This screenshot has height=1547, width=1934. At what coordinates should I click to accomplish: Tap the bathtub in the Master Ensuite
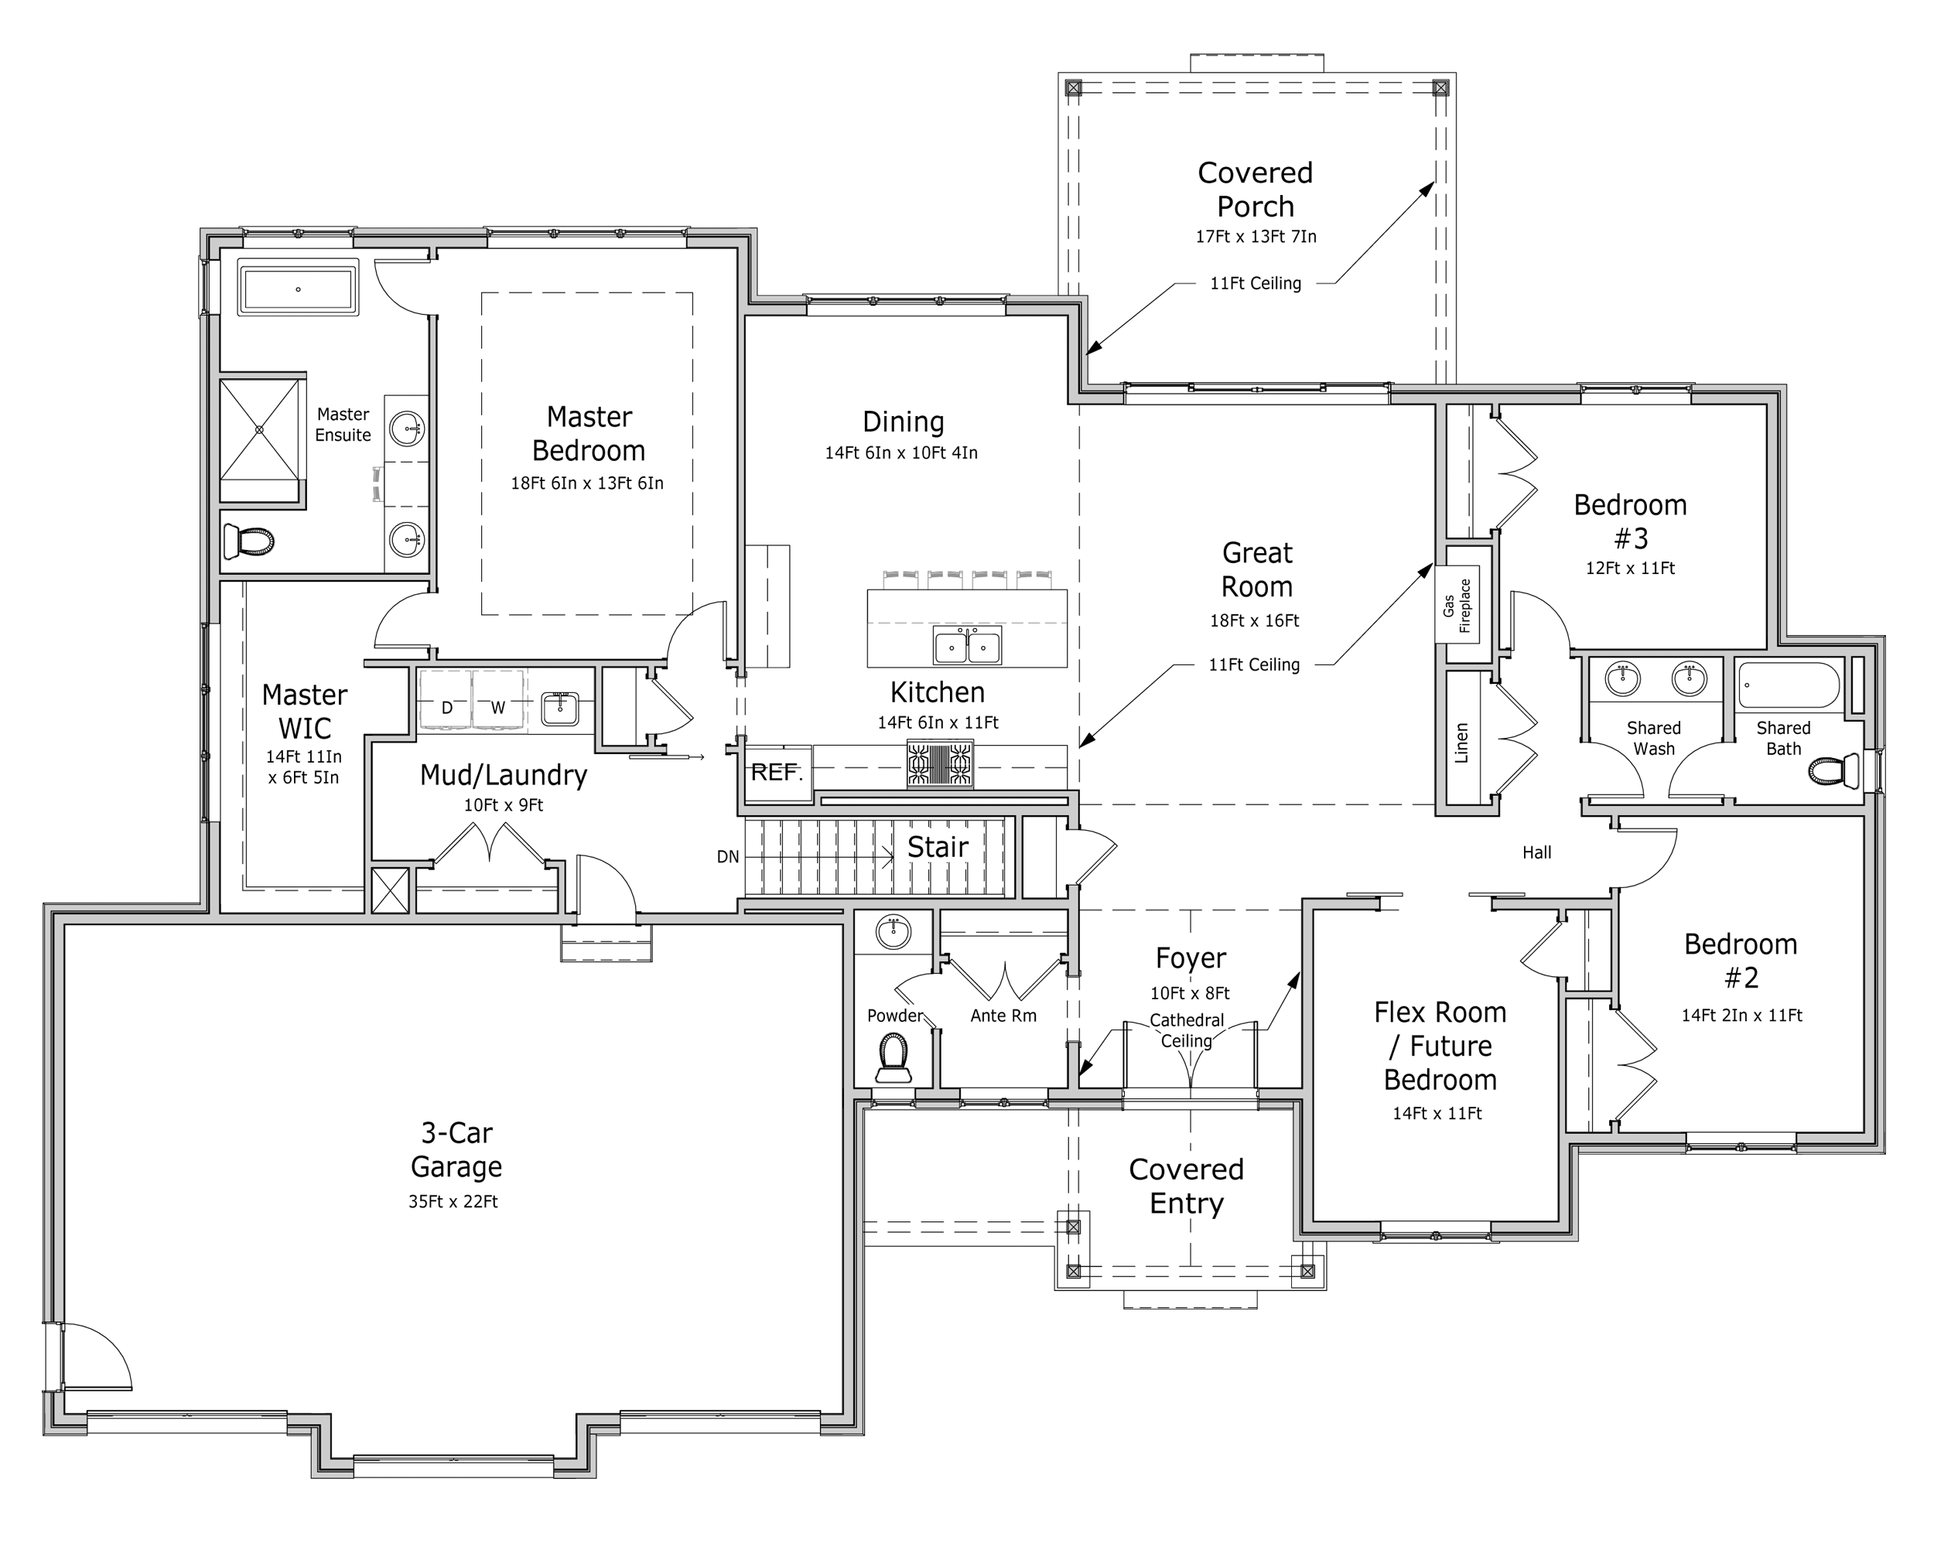[x=298, y=288]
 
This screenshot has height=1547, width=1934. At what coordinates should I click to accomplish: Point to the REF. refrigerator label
[x=777, y=772]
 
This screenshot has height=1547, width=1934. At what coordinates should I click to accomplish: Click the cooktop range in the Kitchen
[x=939, y=764]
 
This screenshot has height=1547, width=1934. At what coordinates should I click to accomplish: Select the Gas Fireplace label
[x=1457, y=606]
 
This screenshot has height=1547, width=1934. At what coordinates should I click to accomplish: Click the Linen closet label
[x=1461, y=743]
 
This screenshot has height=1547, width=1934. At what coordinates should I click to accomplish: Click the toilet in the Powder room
[x=894, y=1057]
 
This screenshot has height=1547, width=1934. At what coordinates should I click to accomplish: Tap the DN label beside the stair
[x=727, y=856]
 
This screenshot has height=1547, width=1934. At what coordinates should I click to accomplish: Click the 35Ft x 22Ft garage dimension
[x=453, y=1200]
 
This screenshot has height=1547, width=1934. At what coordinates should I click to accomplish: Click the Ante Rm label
[x=1003, y=1016]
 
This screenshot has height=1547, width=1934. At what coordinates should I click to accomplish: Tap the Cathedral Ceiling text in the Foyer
[x=1187, y=1030]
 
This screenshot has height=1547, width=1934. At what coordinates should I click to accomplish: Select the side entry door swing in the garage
[x=94, y=1357]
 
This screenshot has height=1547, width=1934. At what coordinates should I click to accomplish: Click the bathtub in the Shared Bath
[x=1789, y=686]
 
